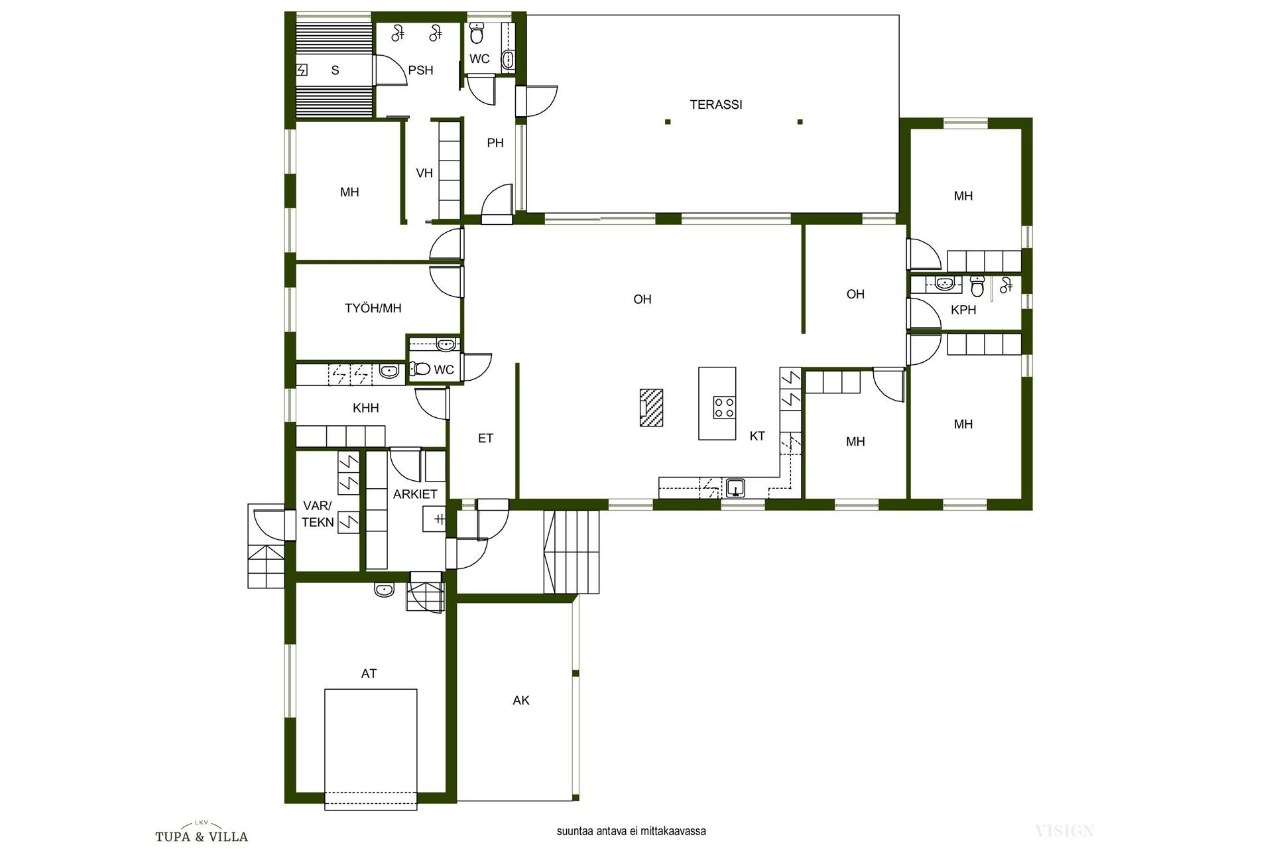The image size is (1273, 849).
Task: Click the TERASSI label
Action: click(715, 105)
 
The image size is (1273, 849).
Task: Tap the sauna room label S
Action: click(335, 70)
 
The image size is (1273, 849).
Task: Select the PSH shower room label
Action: click(420, 70)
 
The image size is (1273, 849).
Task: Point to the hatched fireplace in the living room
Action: click(650, 407)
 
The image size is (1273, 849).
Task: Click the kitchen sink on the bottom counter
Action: click(735, 488)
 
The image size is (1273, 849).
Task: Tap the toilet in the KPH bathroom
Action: click(977, 286)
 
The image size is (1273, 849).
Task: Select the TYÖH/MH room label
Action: click(373, 308)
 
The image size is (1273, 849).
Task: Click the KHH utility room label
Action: click(366, 409)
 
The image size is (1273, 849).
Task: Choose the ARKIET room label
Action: click(415, 495)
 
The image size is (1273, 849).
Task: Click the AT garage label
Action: click(369, 674)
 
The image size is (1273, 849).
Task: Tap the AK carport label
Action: click(521, 700)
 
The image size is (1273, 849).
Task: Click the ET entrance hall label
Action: click(486, 438)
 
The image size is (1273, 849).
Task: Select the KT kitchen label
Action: click(757, 436)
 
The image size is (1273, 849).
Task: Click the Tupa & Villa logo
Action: click(202, 834)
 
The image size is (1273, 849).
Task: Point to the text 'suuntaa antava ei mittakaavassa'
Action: click(631, 831)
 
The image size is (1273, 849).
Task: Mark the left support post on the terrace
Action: click(668, 121)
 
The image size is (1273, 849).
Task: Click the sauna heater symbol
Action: click(302, 70)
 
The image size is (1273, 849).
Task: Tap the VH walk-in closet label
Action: click(424, 173)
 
